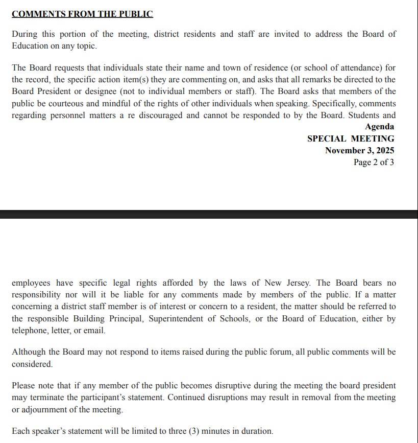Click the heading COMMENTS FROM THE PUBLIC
(82, 14)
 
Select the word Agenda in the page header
(379, 127)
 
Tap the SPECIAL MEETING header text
(351, 138)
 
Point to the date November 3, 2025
(359, 150)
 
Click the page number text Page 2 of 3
(374, 162)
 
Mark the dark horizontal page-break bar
(209, 214)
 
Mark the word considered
(32, 364)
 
